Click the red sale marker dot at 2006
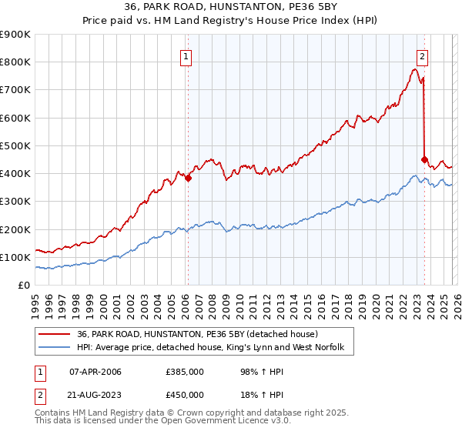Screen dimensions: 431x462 (x=188, y=178)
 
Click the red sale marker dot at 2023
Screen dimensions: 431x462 (x=424, y=159)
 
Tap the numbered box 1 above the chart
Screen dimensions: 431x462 (x=187, y=55)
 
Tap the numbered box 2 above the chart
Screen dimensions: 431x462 (x=423, y=55)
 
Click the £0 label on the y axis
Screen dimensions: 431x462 (x=23, y=285)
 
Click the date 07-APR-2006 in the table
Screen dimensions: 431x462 (x=95, y=372)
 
